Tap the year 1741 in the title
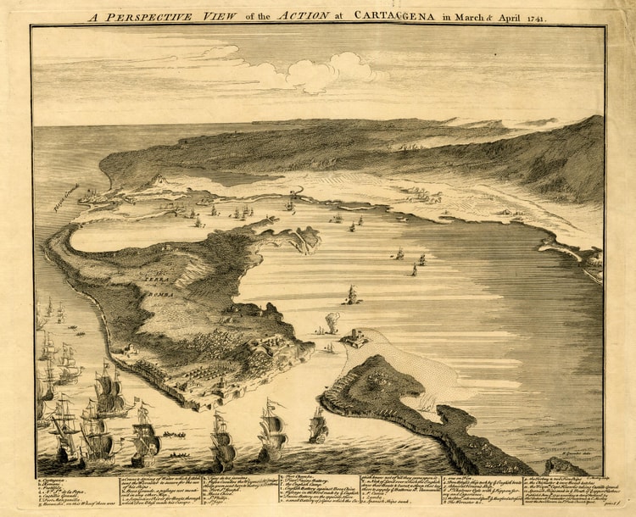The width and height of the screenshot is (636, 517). [x=533, y=16]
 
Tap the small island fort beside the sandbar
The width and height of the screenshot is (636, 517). [x=354, y=338]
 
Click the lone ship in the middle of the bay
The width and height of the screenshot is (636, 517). [x=351, y=295]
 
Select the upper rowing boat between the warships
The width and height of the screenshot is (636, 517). [x=175, y=434]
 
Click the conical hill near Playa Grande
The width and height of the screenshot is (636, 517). [x=157, y=181]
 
